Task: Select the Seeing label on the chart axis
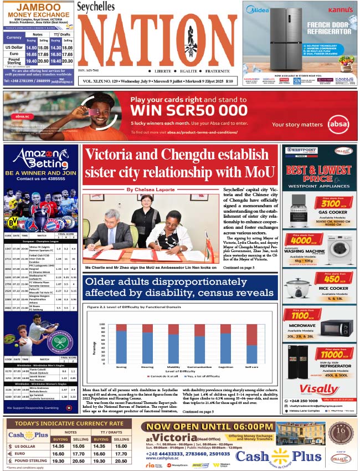(x=121, y=367)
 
